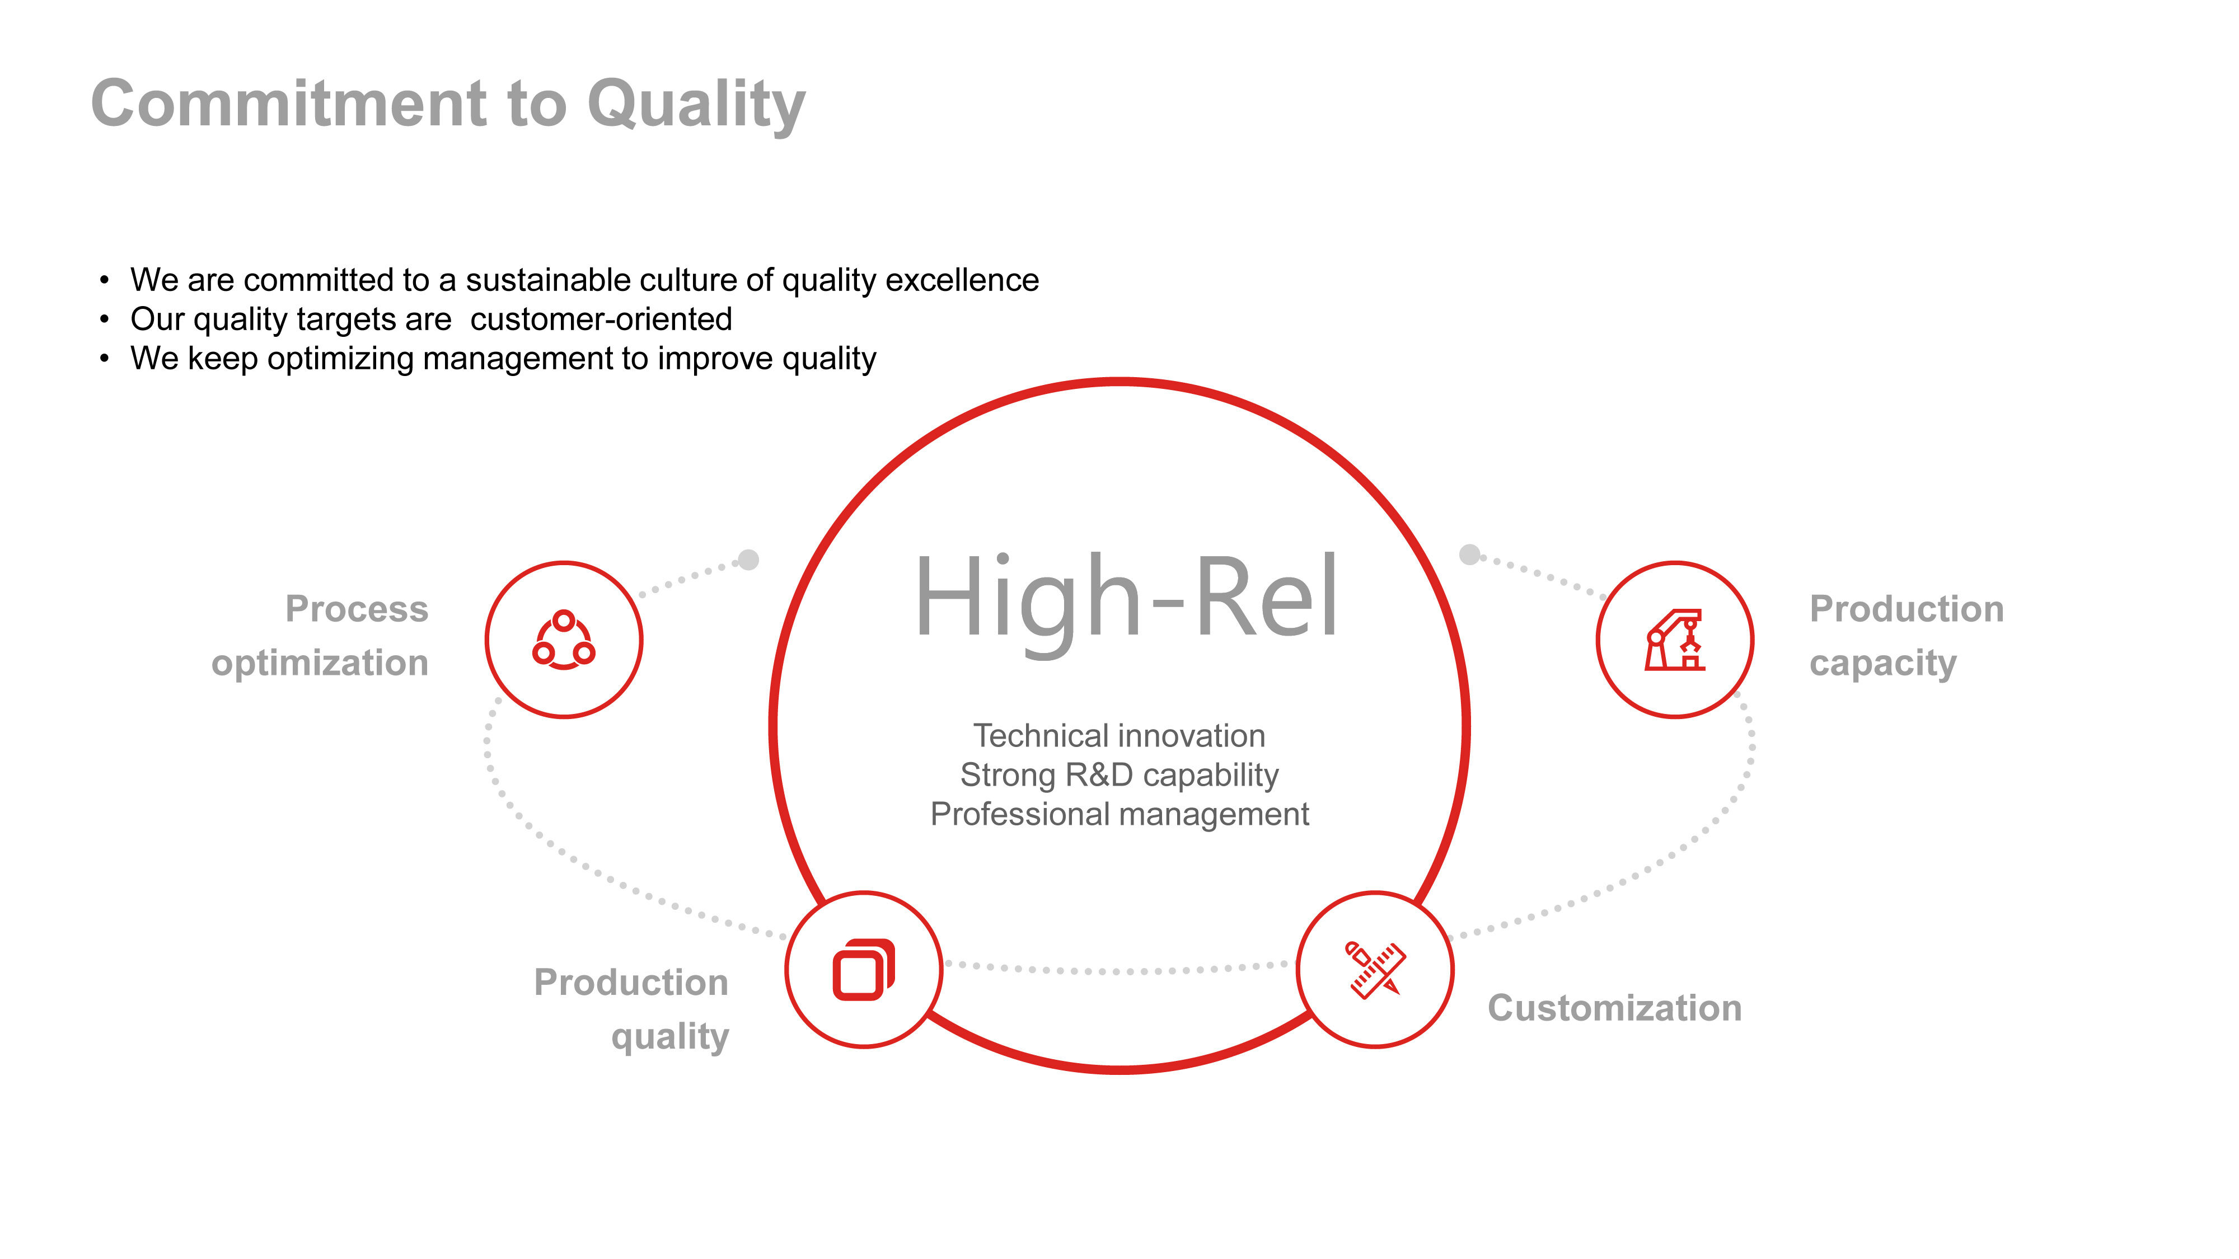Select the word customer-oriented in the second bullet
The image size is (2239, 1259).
coord(602,319)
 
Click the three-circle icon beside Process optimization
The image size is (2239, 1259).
coord(564,640)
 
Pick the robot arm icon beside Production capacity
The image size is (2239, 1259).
coord(1675,640)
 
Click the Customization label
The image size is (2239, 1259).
coord(1615,1008)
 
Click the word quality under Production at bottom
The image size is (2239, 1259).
coord(670,1036)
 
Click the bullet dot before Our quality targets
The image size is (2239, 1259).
coord(104,320)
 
